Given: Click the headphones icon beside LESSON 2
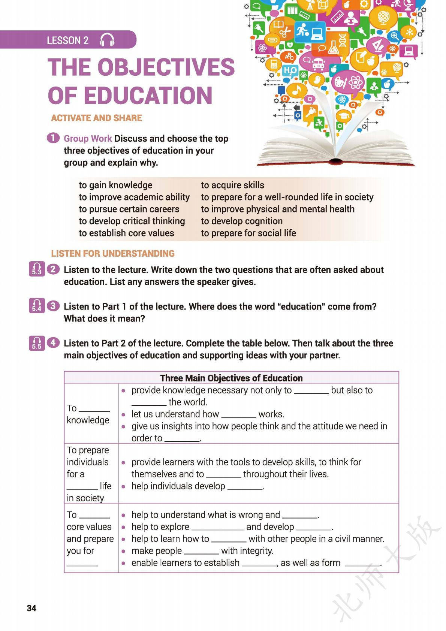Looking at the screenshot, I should click(x=107, y=40).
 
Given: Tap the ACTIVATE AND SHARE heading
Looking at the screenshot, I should click(x=96, y=118).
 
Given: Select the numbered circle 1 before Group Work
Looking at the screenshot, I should click(x=53, y=138).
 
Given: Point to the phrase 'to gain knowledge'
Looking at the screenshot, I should click(x=115, y=185).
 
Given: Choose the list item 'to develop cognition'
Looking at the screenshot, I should click(x=242, y=221).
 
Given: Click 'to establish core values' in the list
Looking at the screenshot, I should click(x=126, y=233).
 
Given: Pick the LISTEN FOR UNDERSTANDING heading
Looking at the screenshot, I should click(x=113, y=254).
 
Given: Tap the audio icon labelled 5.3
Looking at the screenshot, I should click(x=36, y=269).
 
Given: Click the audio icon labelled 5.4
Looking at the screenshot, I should click(x=36, y=306).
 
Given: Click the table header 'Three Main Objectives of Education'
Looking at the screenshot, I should click(x=231, y=378).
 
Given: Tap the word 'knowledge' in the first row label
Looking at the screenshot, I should click(x=88, y=420).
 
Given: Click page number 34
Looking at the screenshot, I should click(x=31, y=608).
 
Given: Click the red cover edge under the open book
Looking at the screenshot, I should click(x=335, y=163).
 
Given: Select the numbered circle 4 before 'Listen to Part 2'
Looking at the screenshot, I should click(x=54, y=342).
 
